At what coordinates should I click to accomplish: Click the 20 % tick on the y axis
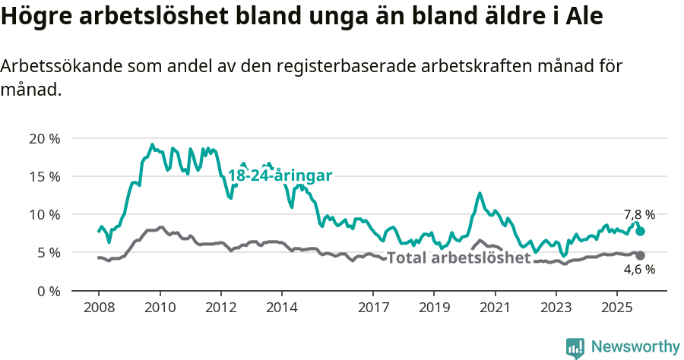pos(44,138)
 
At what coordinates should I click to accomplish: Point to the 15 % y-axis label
pos(44,176)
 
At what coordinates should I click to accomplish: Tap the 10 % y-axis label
pos(44,214)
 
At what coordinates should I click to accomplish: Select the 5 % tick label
pos(47,252)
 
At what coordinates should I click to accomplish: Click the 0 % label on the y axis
pos(47,291)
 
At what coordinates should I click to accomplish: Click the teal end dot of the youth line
pos(641,231)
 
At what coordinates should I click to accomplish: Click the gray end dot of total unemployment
pos(641,255)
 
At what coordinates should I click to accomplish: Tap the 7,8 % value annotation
pos(639,215)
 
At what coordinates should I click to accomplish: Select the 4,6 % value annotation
pos(639,270)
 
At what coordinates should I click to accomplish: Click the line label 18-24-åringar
pos(280,175)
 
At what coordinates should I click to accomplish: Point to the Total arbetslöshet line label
pos(458,258)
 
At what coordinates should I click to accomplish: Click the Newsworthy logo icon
pos(575,347)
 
